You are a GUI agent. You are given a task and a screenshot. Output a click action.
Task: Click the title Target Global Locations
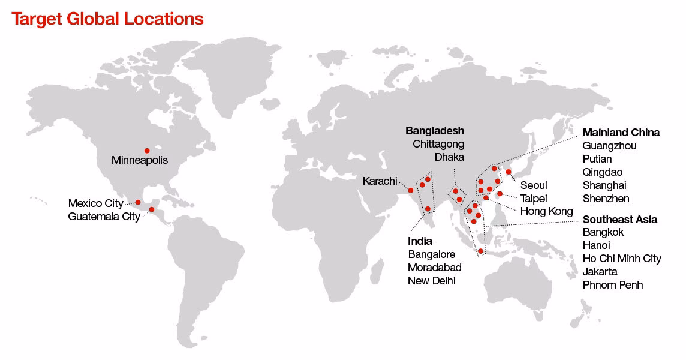[108, 19]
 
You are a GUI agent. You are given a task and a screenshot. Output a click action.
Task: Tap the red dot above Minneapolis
[147, 151]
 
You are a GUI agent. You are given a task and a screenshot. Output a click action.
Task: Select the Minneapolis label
[140, 161]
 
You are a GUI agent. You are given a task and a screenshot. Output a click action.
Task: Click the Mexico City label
[96, 203]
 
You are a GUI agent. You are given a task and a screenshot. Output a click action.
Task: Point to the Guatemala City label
[104, 217]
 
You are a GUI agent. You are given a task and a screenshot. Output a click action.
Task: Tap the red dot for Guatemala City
[152, 209]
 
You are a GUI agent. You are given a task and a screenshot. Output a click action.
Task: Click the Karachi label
[380, 181]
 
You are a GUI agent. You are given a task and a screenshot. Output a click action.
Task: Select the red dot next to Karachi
[411, 191]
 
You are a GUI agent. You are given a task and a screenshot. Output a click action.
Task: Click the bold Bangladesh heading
[435, 131]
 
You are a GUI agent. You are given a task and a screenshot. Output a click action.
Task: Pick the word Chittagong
[438, 144]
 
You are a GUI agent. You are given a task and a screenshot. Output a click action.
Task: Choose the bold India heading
[420, 241]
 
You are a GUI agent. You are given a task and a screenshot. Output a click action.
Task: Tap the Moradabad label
[435, 268]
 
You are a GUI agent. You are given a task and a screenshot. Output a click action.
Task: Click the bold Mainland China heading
[621, 133]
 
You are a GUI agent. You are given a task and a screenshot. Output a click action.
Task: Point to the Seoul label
[534, 185]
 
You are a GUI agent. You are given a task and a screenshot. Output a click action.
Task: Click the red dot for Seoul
[509, 172]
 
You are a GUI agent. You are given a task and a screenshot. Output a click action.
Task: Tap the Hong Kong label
[546, 211]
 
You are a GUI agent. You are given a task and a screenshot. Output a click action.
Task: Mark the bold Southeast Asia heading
[620, 220]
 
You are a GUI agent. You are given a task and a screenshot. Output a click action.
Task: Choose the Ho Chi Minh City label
[622, 259]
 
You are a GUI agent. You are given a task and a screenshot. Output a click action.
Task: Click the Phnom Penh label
[613, 285]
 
